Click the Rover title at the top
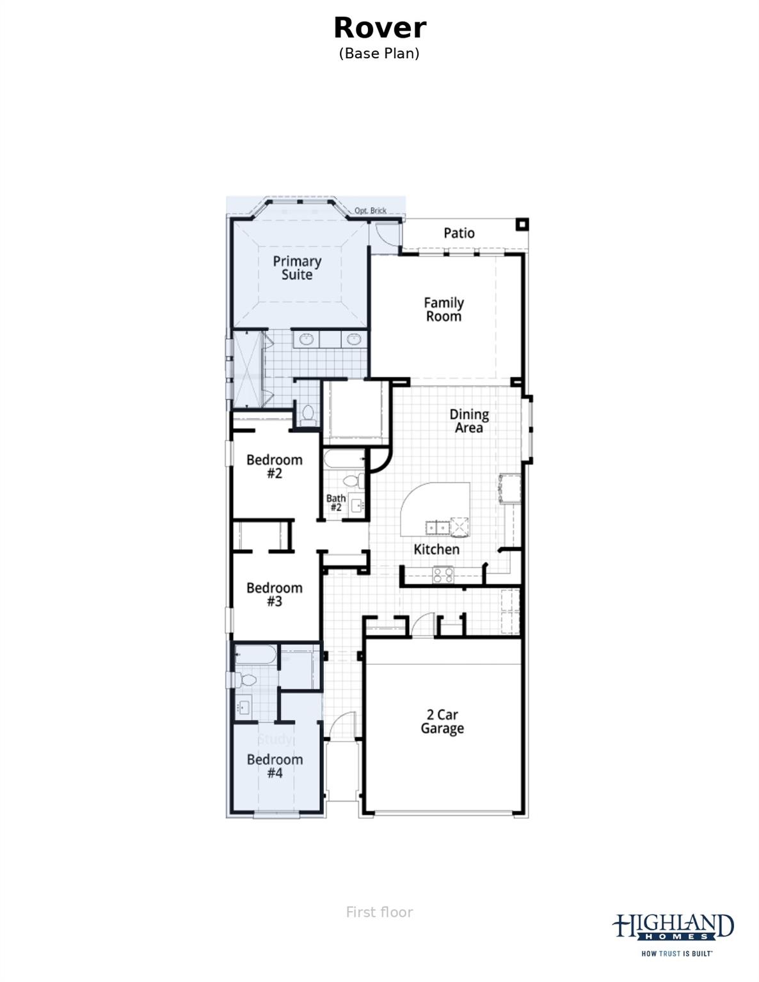click(379, 28)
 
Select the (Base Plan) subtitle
click(379, 53)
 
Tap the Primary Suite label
click(297, 268)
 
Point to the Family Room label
click(443, 309)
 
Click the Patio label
click(459, 233)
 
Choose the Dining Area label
click(468, 421)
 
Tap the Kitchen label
click(436, 549)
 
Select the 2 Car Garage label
click(442, 721)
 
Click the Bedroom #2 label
click(274, 467)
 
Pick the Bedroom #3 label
click(274, 595)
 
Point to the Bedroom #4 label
click(275, 766)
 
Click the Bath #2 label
click(336, 503)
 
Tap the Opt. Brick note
click(371, 210)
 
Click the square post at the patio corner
click(523, 224)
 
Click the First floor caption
click(379, 912)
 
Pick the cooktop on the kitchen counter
click(443, 574)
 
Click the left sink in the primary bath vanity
click(307, 339)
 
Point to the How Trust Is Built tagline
click(677, 953)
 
